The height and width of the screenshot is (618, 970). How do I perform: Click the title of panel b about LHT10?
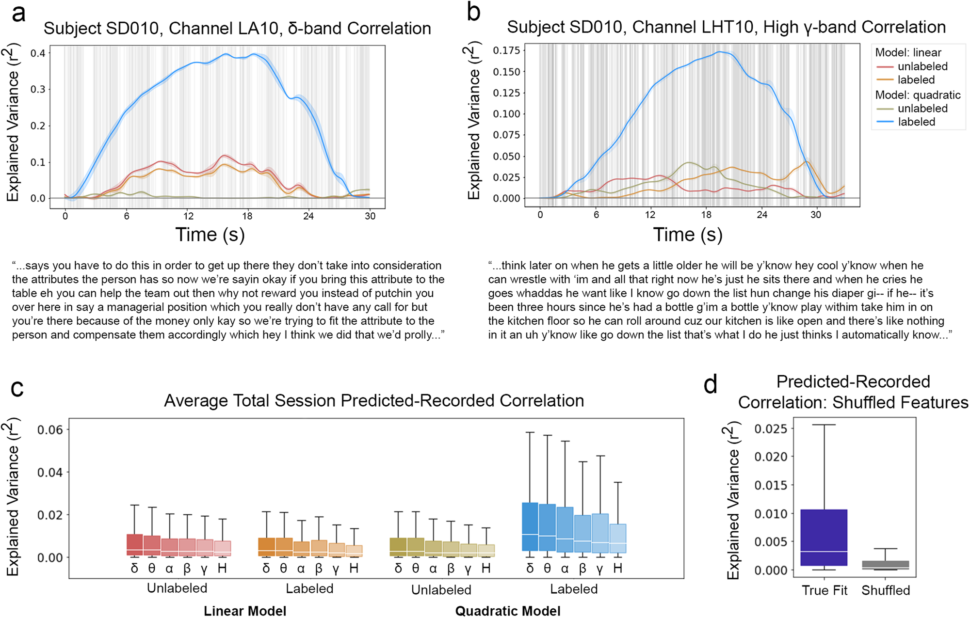coord(726,27)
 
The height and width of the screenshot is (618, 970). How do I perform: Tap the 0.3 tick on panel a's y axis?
coord(38,90)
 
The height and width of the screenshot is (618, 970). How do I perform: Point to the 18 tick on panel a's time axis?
coord(247,216)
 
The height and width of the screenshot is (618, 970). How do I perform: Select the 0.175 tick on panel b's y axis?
coord(506,50)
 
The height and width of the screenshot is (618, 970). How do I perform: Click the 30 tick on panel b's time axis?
coord(815,215)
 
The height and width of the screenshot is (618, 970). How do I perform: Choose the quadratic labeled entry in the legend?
coord(916,122)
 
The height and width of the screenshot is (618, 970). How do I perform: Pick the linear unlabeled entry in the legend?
coord(922,66)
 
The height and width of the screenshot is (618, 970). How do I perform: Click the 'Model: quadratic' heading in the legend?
coord(918,95)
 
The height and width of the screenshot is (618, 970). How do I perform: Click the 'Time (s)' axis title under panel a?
coord(210,235)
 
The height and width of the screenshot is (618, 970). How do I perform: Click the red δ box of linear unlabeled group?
coord(134,545)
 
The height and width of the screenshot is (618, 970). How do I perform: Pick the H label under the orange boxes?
coord(354,569)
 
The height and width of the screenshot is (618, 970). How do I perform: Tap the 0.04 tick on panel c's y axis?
coord(50,473)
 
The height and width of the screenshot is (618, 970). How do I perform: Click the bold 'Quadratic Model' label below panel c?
coord(507,611)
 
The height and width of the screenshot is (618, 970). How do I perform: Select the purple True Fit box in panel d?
coord(824,537)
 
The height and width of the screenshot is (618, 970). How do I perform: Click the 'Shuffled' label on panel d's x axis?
coord(885,590)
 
